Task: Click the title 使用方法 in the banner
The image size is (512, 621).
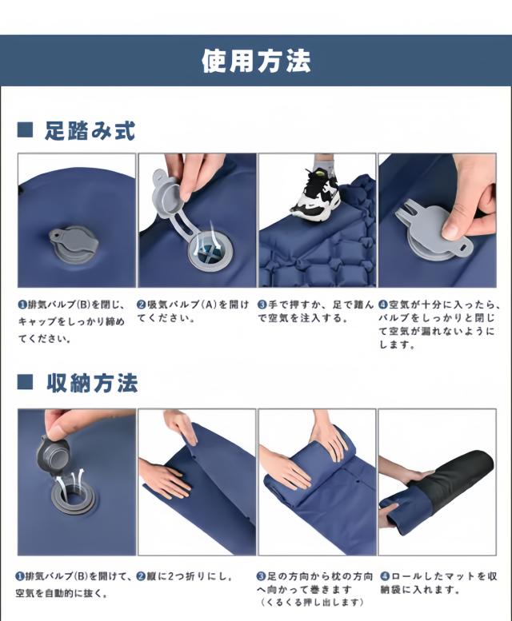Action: (256, 61)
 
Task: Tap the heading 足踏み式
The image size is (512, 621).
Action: (90, 130)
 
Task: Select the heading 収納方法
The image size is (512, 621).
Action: (92, 383)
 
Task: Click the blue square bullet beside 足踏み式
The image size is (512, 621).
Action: (25, 130)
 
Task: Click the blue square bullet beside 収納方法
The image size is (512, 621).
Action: (25, 382)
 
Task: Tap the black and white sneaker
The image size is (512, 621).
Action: (318, 194)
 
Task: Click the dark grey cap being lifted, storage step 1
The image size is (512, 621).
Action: (54, 452)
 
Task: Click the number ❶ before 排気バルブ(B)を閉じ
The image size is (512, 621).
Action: (22, 305)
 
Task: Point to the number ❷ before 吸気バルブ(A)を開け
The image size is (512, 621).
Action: (142, 305)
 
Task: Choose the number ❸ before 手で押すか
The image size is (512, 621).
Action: (262, 305)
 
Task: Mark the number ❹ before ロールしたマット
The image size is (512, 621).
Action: (384, 576)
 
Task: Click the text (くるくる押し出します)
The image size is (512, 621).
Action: (312, 603)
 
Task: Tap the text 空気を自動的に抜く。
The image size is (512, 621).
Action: (62, 593)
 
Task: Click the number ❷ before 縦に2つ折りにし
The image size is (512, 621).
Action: (142, 576)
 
